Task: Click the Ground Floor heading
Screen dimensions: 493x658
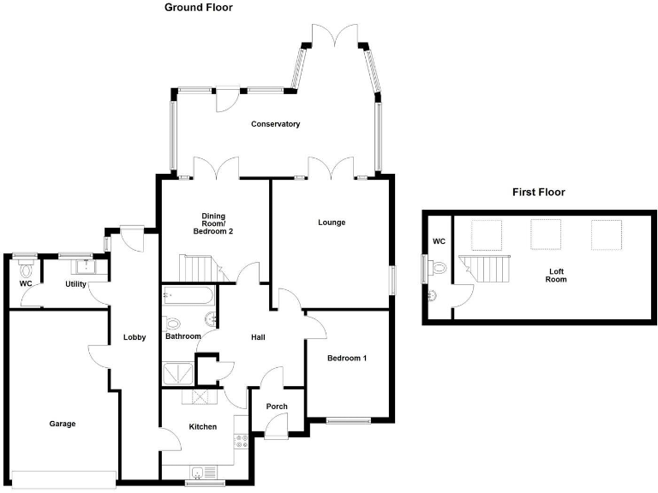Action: click(198, 8)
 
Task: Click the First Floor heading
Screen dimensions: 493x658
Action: click(538, 192)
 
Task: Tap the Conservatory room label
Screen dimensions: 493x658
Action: click(275, 124)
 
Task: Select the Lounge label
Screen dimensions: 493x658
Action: click(332, 223)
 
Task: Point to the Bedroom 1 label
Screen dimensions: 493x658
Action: click(346, 359)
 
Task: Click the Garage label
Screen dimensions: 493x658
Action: click(62, 424)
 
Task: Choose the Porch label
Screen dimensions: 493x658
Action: click(277, 407)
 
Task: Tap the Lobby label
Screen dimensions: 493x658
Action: click(135, 337)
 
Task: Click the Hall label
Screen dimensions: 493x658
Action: click(257, 337)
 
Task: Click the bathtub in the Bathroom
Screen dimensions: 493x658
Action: click(188, 295)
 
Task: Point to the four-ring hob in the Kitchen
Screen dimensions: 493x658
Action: click(241, 443)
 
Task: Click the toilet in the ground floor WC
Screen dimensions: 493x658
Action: click(25, 266)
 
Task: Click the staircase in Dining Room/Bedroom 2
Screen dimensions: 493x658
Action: click(199, 270)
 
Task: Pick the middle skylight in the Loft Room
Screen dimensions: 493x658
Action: click(546, 233)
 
